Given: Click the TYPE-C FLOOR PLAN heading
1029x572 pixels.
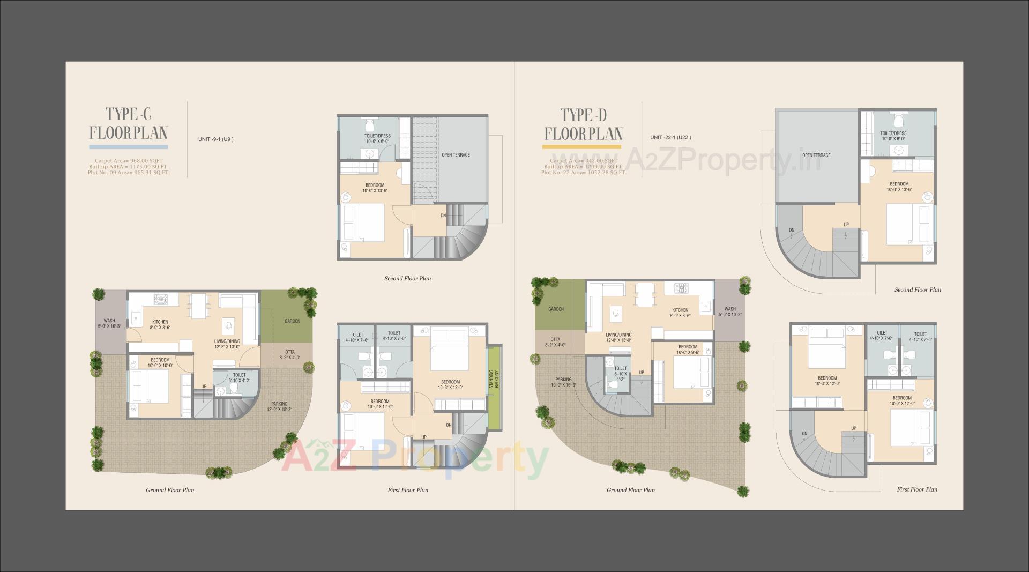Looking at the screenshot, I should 129,123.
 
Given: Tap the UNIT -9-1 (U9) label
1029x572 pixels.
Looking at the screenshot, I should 215,139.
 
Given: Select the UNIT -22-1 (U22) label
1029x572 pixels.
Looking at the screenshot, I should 670,137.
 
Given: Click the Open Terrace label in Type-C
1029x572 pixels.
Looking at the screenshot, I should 456,155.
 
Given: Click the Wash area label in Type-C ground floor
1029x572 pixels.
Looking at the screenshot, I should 109,323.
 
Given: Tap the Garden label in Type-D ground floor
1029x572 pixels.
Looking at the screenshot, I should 556,309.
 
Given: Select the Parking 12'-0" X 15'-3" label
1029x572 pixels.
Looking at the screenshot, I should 279,406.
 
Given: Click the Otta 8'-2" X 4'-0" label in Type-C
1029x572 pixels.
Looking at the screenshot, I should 289,355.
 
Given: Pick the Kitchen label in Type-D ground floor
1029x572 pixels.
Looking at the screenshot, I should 680,313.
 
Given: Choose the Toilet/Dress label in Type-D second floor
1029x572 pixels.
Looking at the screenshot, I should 893,136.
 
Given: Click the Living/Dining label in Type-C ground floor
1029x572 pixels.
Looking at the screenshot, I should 227,344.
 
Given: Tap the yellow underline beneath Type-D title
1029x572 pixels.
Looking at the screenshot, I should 581,146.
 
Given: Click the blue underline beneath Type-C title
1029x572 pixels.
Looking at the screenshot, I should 129,146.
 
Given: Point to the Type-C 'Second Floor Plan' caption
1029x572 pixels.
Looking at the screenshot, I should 407,279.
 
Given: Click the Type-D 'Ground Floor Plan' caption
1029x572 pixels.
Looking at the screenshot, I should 630,490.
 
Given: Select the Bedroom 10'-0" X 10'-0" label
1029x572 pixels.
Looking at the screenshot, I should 160,362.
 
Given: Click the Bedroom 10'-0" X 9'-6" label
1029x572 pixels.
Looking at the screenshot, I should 688,350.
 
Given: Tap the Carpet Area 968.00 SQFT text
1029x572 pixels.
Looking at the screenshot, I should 129,160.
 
